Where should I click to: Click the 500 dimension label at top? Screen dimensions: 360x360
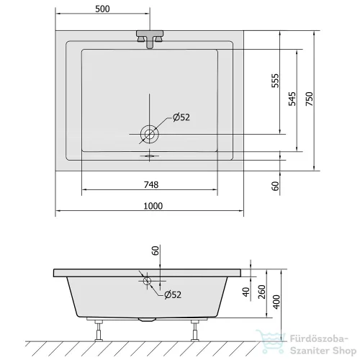tap(102, 9)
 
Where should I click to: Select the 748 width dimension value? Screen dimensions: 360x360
tap(151, 184)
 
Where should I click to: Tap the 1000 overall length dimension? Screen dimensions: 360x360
tap(153, 206)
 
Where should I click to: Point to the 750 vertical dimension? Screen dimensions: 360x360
tap(310, 99)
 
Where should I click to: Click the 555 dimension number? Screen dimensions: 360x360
tap(276, 81)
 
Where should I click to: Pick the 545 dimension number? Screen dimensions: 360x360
tap(292, 99)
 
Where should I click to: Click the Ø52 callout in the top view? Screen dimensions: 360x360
tap(181, 117)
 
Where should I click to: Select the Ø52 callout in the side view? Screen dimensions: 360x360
tap(173, 294)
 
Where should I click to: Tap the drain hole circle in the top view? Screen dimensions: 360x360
tap(150, 134)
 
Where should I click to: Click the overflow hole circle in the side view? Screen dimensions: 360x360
tap(147, 281)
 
